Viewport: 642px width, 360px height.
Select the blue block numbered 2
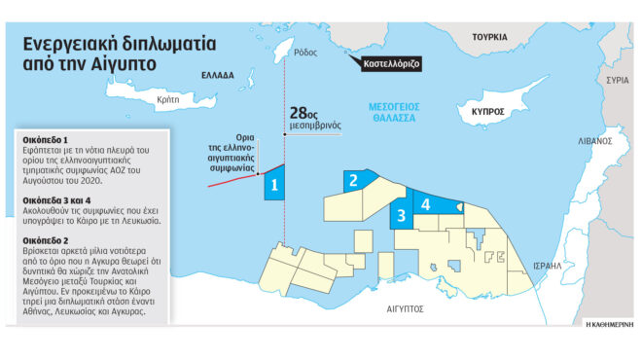click(x=356, y=180)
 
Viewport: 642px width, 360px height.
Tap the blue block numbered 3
click(x=400, y=217)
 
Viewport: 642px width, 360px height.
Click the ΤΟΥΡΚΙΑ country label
click(x=491, y=36)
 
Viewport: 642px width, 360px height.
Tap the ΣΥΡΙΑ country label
click(x=616, y=79)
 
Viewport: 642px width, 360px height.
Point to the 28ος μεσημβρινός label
click(x=314, y=119)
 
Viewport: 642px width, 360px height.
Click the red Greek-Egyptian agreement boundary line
click(x=233, y=176)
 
